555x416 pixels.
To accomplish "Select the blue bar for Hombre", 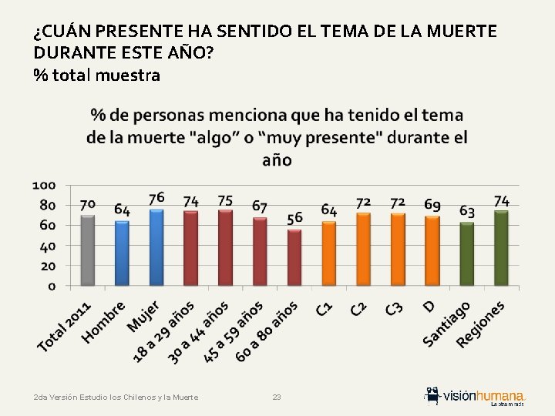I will pos(122,253).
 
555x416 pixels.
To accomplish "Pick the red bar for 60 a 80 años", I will pos(294,257).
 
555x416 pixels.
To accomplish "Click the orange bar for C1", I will pos(328,253).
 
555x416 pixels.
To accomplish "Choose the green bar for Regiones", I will pos(501,248).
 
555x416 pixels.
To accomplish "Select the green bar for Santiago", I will pos(466,254).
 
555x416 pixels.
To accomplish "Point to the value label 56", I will pos(294,218).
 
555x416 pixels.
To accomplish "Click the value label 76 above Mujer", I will pos(156,198).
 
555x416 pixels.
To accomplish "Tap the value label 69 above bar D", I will pos(432,205).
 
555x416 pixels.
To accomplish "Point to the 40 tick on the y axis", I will pos(48,246).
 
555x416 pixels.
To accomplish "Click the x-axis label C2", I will pos(358,309).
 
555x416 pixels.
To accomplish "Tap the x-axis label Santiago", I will pos(447,324).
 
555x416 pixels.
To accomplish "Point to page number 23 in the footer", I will pos(277,397).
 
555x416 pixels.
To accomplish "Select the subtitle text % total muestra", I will pos(96,75).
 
